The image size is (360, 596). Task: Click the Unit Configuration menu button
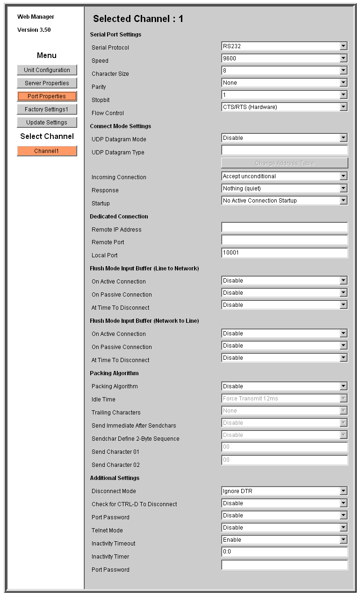[x=47, y=70]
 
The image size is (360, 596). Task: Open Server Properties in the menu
[x=47, y=83]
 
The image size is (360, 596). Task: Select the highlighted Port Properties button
[x=47, y=96]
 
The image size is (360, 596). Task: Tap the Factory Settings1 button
[x=47, y=109]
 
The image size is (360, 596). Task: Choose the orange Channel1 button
[x=47, y=151]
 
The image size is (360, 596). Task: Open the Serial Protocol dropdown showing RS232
[x=284, y=46]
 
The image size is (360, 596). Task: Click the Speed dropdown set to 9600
[x=284, y=58]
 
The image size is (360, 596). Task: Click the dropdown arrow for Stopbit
[x=344, y=95]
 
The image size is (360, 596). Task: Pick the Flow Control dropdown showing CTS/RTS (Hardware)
[x=284, y=107]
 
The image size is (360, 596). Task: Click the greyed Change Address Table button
[x=284, y=163]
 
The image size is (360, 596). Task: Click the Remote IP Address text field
[x=284, y=227]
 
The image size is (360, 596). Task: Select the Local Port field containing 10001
[x=284, y=253]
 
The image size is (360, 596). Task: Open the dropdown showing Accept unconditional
[x=284, y=176]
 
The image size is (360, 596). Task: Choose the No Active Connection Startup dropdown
[x=284, y=201]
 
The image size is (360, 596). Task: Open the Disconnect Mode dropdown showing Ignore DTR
[x=284, y=491]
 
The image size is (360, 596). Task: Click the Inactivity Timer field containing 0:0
[x=284, y=552]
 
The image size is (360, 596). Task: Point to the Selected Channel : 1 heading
[x=138, y=19]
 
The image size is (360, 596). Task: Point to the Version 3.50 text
[x=34, y=30]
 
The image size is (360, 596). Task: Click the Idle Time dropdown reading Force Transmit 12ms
[x=284, y=399]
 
